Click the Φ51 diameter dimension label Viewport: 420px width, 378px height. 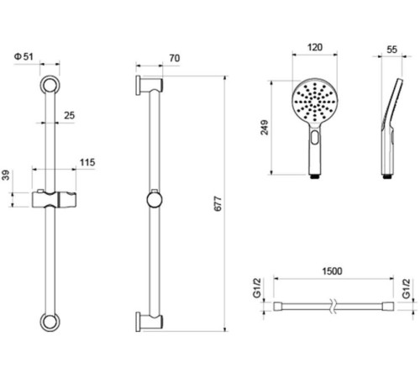pyautogui.click(x=24, y=57)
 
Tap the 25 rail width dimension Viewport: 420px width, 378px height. pyautogui.click(x=70, y=115)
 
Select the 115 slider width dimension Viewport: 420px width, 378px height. pyautogui.click(x=87, y=162)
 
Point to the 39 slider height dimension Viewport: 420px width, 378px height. pyautogui.click(x=6, y=176)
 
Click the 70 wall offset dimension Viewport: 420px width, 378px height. pyautogui.click(x=174, y=58)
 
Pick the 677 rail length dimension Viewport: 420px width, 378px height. pyautogui.click(x=218, y=204)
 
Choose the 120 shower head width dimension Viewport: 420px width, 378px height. pyautogui.click(x=315, y=47)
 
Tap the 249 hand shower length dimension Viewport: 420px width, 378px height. pyautogui.click(x=265, y=128)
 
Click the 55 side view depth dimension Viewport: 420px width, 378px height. pyautogui.click(x=391, y=50)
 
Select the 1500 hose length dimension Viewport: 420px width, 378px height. pyautogui.click(x=332, y=271)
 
